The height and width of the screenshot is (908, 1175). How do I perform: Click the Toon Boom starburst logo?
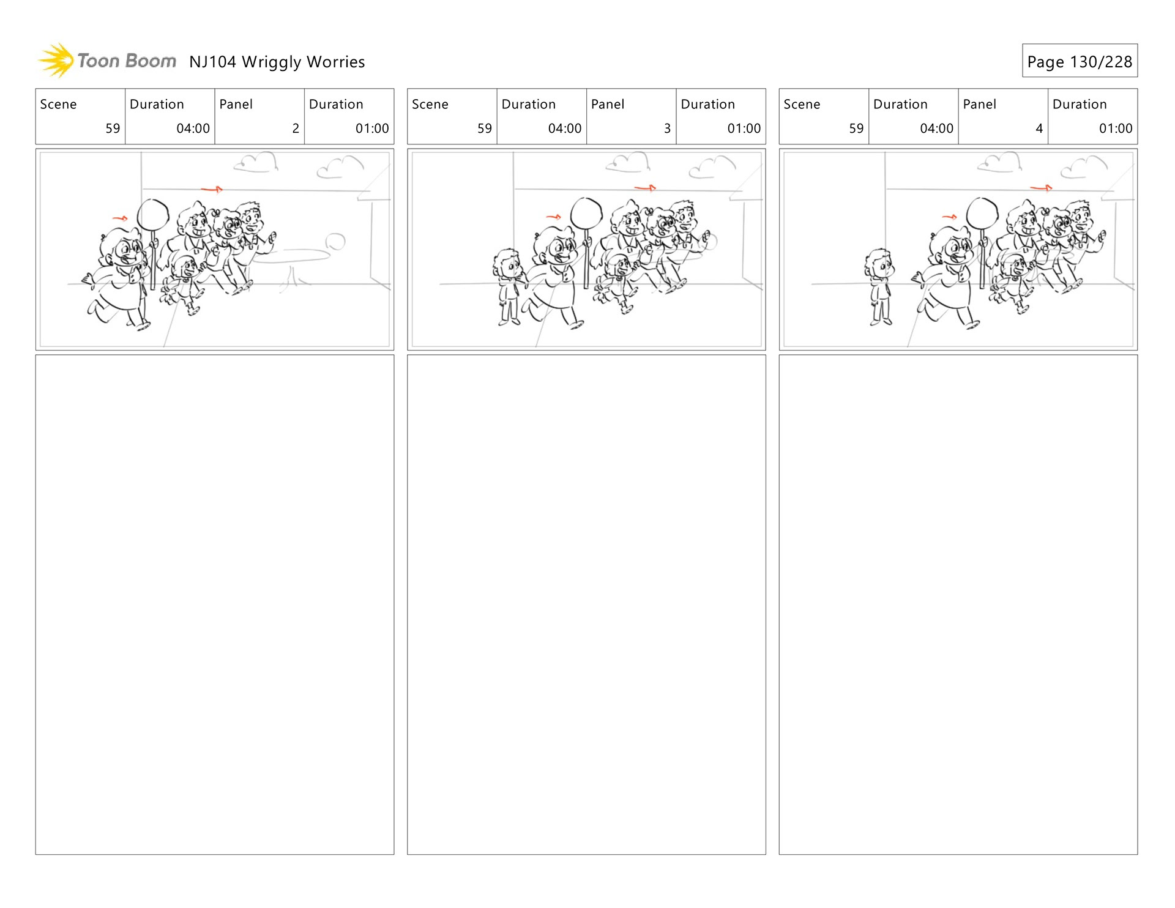pyautogui.click(x=56, y=61)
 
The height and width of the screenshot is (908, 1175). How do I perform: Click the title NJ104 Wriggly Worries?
pyautogui.click(x=277, y=62)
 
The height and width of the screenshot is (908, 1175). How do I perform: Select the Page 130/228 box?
pyautogui.click(x=1080, y=61)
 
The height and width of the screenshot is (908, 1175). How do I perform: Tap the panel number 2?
pyautogui.click(x=296, y=128)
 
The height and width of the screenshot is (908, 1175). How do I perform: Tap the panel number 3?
pyautogui.click(x=667, y=128)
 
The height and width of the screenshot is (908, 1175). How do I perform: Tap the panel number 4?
pyautogui.click(x=1039, y=128)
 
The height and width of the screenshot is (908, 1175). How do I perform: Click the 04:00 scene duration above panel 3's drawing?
pyautogui.click(x=565, y=128)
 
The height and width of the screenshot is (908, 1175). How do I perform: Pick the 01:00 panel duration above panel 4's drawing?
pyautogui.click(x=1116, y=128)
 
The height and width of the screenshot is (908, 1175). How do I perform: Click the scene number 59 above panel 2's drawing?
pyautogui.click(x=113, y=128)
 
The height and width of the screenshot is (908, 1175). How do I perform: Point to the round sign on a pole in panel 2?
pyautogui.click(x=153, y=215)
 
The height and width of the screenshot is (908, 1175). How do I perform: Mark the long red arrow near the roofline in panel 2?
pyautogui.click(x=212, y=190)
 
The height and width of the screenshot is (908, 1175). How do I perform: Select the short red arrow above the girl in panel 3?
pyautogui.click(x=553, y=217)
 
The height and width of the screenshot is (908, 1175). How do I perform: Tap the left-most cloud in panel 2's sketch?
pyautogui.click(x=256, y=163)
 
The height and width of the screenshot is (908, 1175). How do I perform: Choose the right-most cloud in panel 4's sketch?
pyautogui.click(x=1084, y=167)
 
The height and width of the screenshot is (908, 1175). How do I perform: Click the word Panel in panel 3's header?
pyautogui.click(x=608, y=105)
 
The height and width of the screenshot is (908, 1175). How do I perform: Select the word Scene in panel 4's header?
pyautogui.click(x=802, y=105)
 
